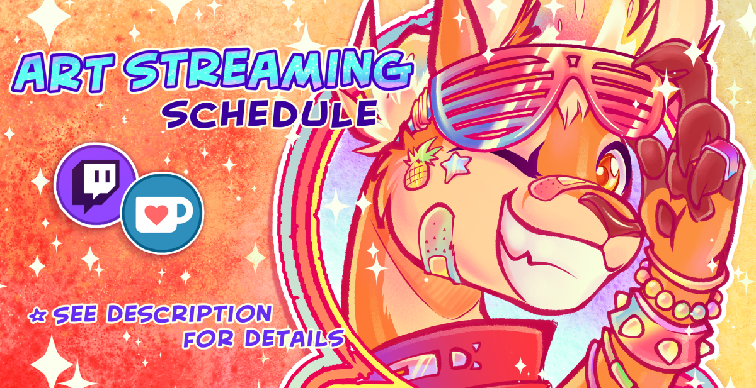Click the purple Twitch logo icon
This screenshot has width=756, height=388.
pos(96,185)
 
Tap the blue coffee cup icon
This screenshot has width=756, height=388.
pos(163,213)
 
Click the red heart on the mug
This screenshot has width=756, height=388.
pos(156,214)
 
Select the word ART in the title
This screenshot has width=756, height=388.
pos(65,72)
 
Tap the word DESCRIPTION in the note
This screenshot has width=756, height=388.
pos(190,314)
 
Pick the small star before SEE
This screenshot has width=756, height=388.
pos(37,316)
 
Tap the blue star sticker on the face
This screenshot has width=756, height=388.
pos(456,167)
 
